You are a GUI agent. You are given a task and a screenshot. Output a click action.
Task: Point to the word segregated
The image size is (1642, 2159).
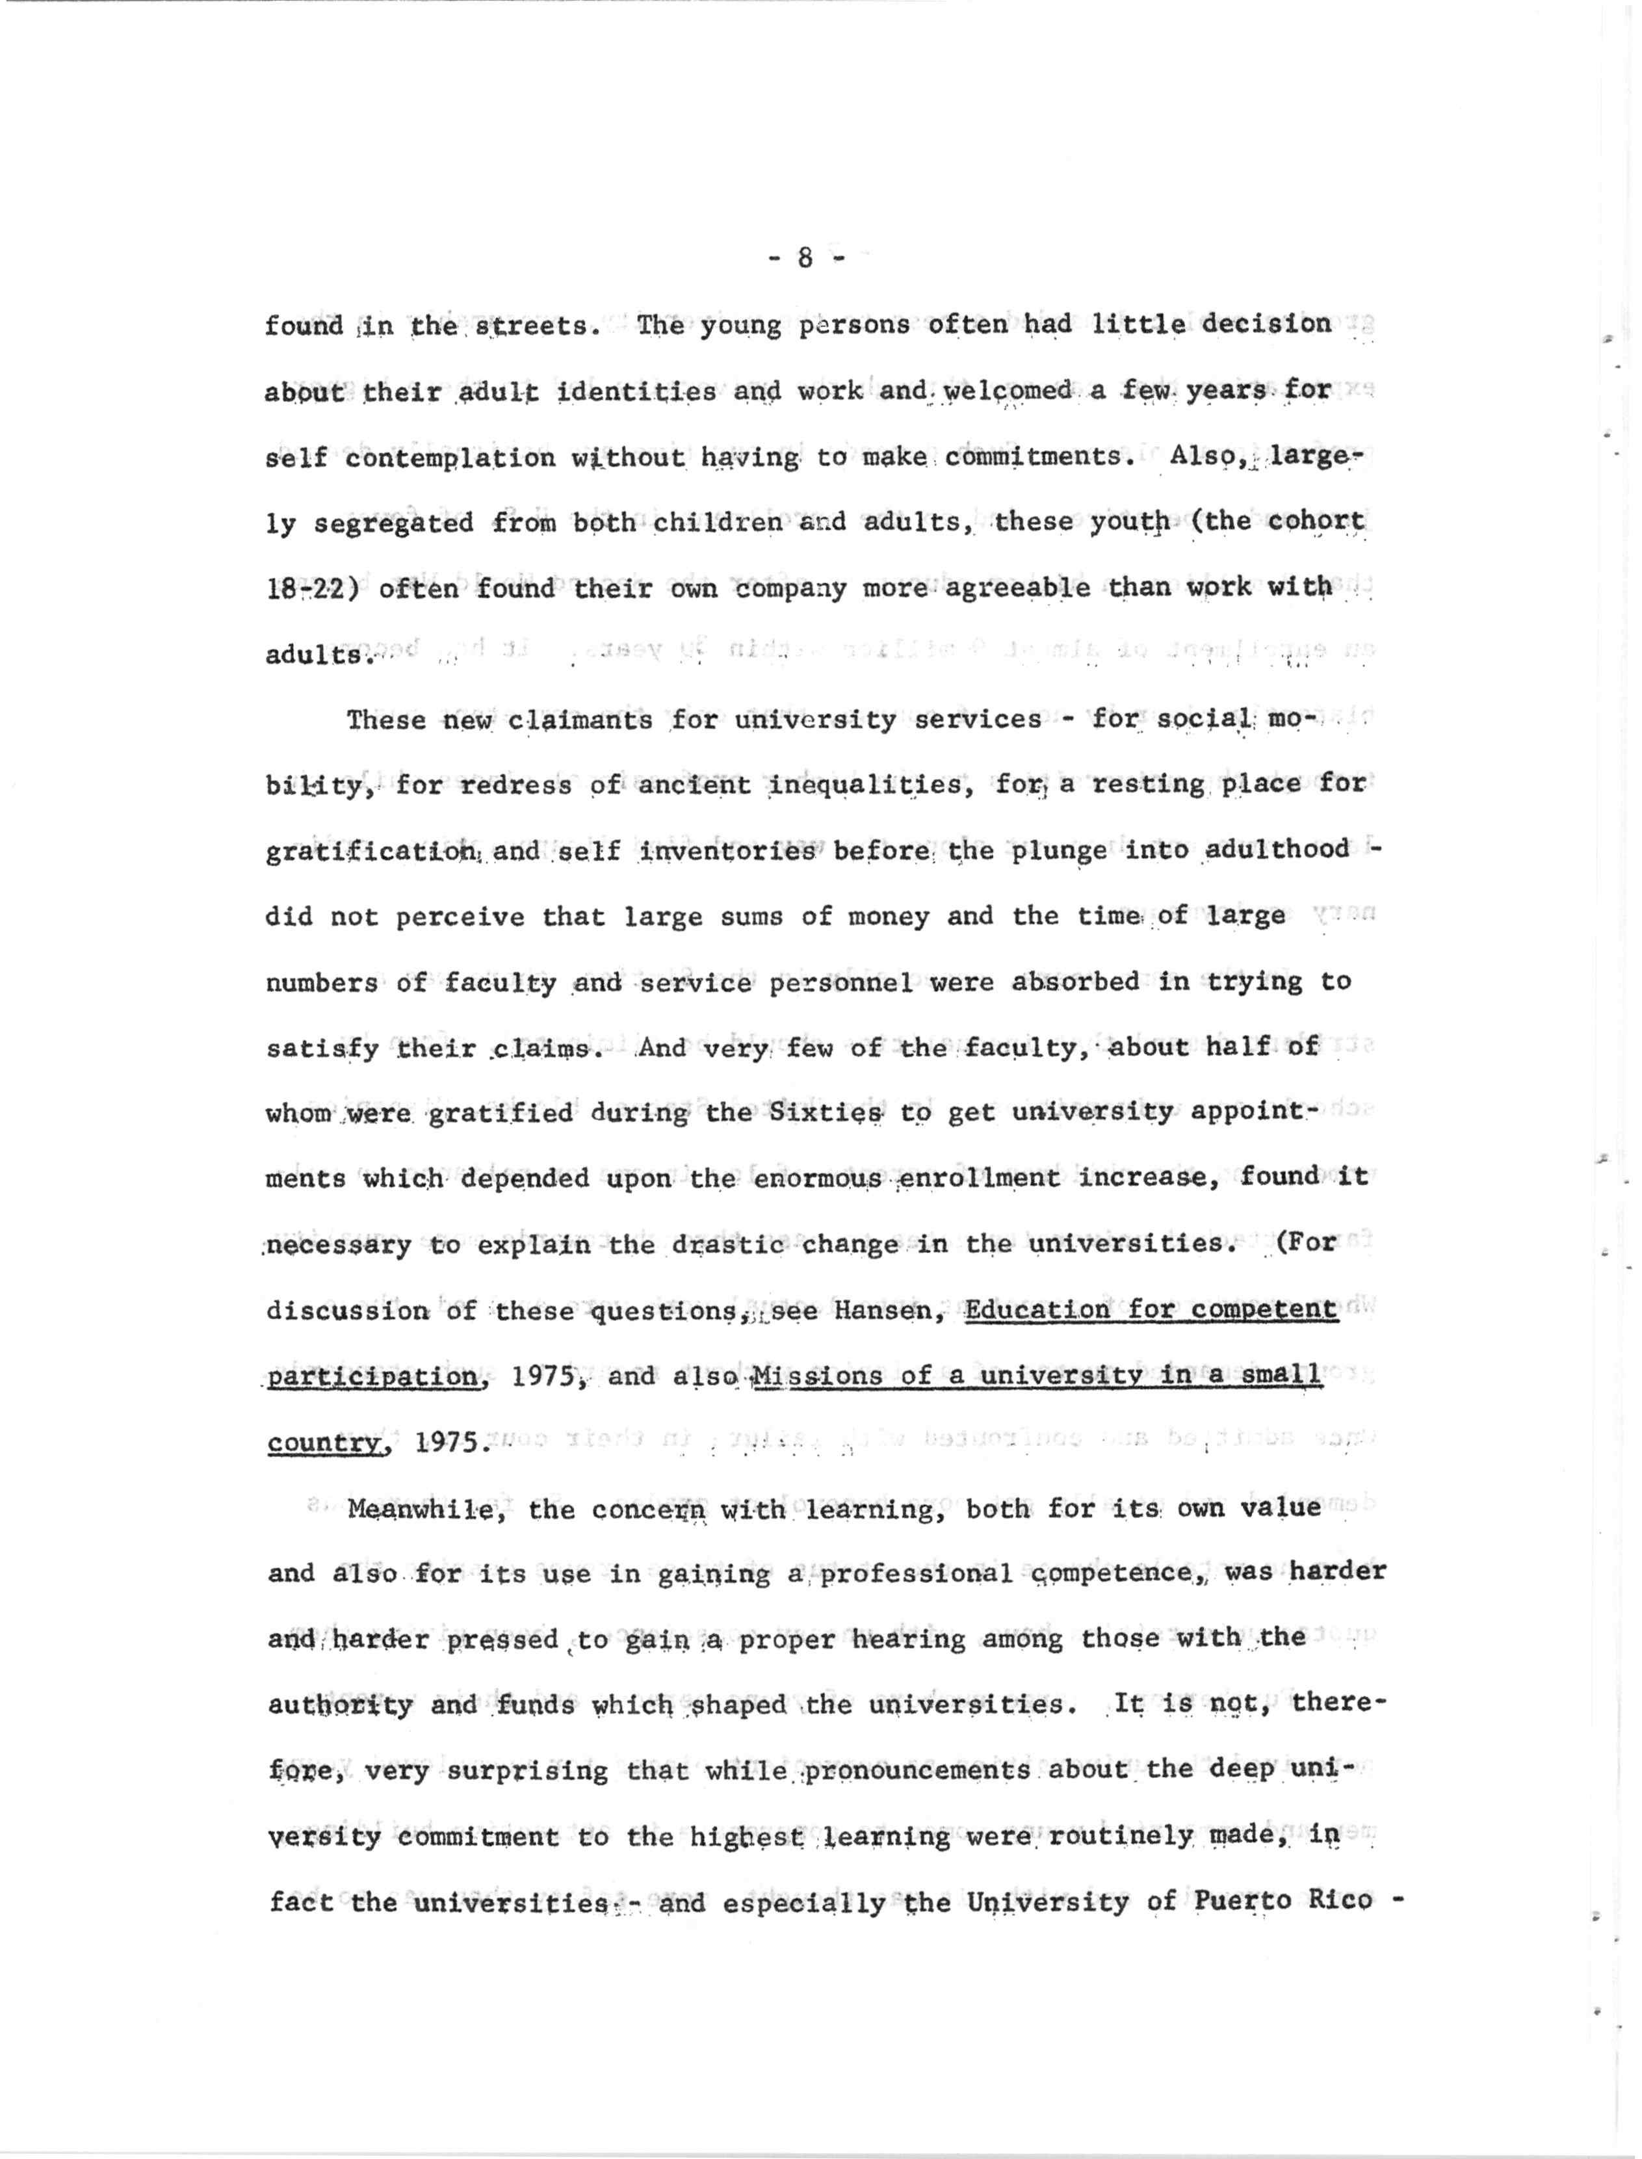[x=394, y=523]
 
